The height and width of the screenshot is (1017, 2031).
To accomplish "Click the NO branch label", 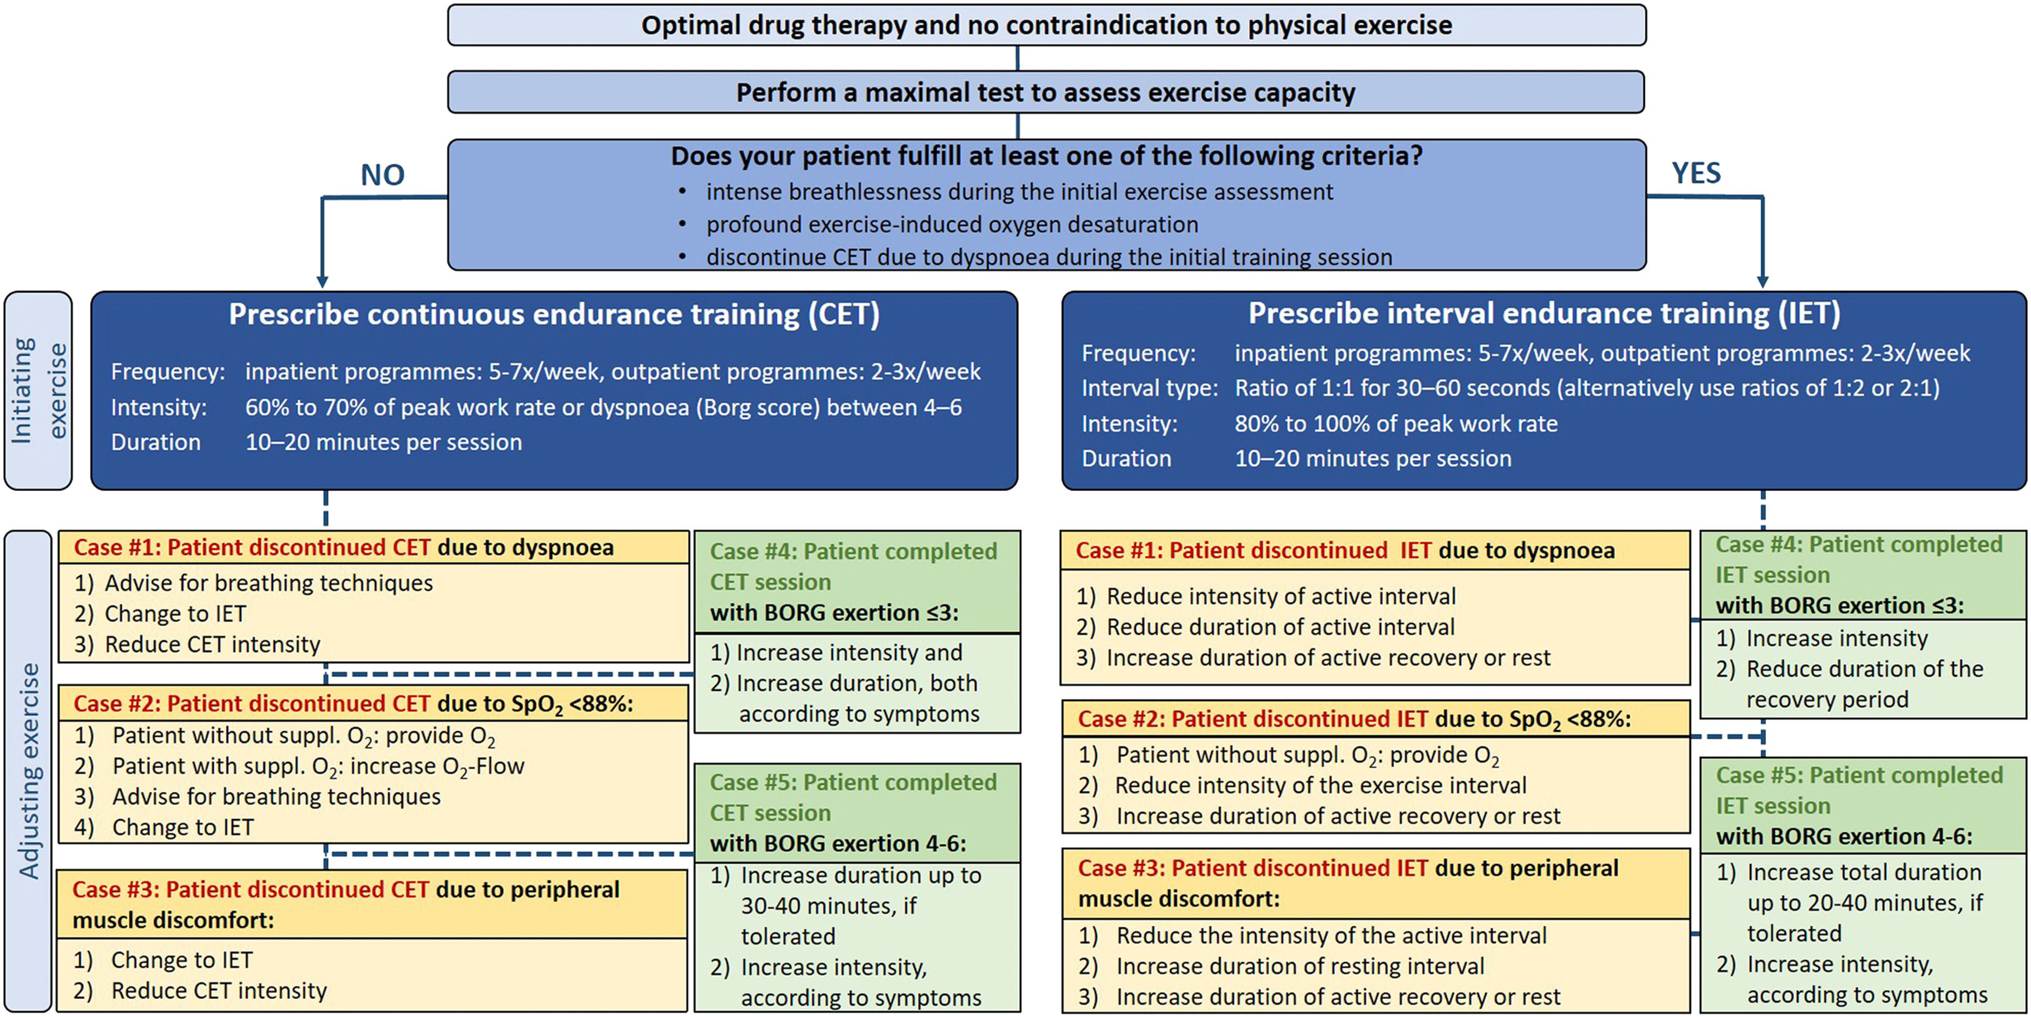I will [x=382, y=175].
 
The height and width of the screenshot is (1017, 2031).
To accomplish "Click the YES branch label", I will [x=1696, y=172].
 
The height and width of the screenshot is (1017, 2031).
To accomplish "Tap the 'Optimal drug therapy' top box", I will [x=1046, y=25].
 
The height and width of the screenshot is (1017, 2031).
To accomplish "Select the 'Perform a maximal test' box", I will [x=1045, y=92].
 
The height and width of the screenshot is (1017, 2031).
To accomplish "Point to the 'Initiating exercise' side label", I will [x=38, y=390].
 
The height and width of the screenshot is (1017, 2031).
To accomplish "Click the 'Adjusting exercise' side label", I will [x=29, y=770].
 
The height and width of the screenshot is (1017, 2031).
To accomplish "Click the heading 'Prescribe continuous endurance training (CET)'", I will [x=554, y=315].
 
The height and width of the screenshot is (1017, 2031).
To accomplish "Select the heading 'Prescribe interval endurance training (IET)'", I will [x=1543, y=314].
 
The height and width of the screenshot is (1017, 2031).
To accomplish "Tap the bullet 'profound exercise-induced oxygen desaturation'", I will [x=952, y=225].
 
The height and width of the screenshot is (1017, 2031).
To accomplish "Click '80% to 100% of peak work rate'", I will [x=1395, y=424].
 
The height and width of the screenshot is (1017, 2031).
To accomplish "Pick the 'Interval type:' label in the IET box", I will [x=1149, y=388].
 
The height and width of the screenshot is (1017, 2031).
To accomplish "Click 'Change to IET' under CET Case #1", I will [x=175, y=613].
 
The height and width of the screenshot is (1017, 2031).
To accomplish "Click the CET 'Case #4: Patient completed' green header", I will [x=853, y=566].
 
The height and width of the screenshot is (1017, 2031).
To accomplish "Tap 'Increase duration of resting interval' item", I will [x=1299, y=966].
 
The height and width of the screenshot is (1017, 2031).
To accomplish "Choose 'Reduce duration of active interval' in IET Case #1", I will [x=1280, y=627].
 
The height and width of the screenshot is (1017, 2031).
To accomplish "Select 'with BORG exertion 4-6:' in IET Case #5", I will [x=1844, y=836].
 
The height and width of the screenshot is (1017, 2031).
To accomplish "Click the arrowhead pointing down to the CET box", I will [x=322, y=282].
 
